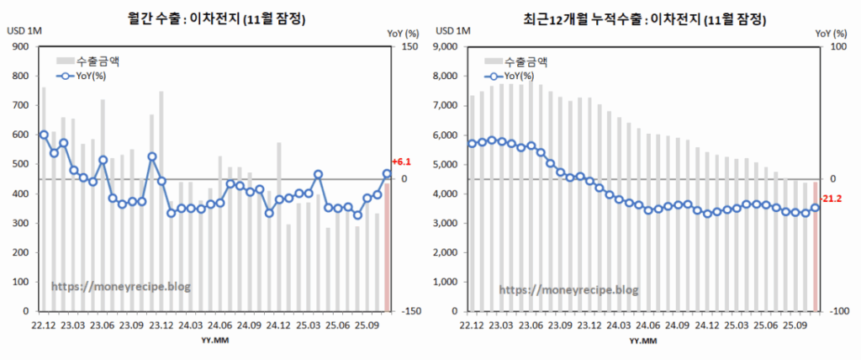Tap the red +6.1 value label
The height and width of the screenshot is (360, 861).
(x=401, y=161)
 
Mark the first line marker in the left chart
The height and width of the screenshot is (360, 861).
(x=44, y=135)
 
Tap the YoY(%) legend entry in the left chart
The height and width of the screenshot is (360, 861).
(x=84, y=76)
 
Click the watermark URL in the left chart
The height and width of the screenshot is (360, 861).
(x=121, y=286)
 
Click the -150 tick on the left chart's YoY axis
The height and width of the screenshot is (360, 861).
(x=409, y=311)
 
